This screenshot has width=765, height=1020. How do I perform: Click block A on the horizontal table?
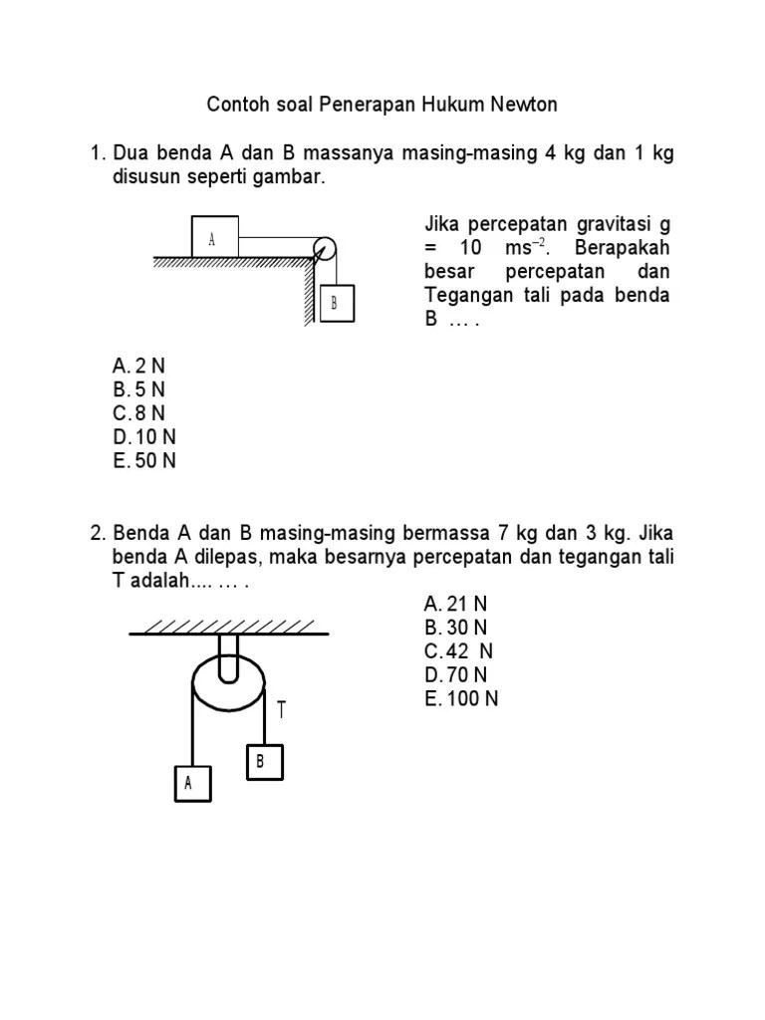[214, 237]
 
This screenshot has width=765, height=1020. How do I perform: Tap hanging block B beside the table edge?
[335, 304]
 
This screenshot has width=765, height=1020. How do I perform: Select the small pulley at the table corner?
[325, 249]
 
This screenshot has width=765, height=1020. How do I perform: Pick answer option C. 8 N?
[138, 413]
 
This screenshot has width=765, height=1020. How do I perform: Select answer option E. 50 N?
[144, 461]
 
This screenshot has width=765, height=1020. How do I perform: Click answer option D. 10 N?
[144, 437]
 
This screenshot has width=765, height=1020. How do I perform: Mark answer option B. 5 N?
[138, 389]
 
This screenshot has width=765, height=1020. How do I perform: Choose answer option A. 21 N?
[455, 604]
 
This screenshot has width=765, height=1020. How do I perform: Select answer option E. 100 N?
[460, 699]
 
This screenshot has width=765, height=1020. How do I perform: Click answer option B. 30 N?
[455, 628]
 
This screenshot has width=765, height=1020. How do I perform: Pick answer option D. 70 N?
[455, 675]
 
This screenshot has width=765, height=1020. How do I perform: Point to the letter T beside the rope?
[283, 710]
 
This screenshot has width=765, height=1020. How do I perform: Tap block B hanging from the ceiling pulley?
[263, 762]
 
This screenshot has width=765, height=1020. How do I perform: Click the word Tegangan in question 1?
[465, 296]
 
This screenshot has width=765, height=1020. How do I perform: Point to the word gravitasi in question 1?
[610, 223]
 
